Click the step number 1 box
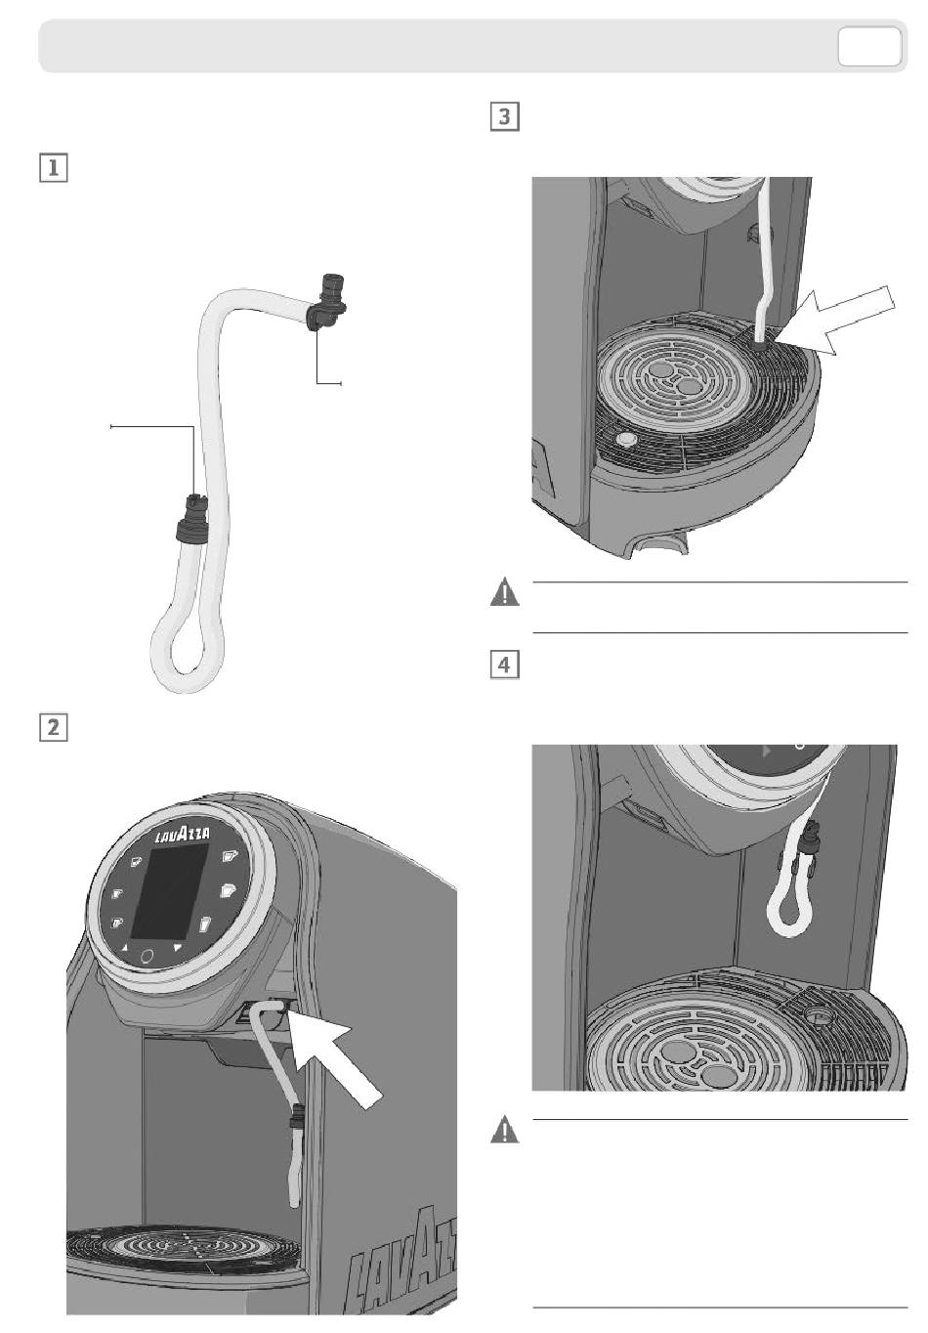53,167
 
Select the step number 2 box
53,727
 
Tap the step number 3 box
502,117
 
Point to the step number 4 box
502,665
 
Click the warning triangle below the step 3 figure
504,593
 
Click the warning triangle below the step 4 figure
504,1131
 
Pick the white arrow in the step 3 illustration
842,323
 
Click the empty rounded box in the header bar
868,47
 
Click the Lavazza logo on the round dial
182,837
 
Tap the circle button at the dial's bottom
148,955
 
